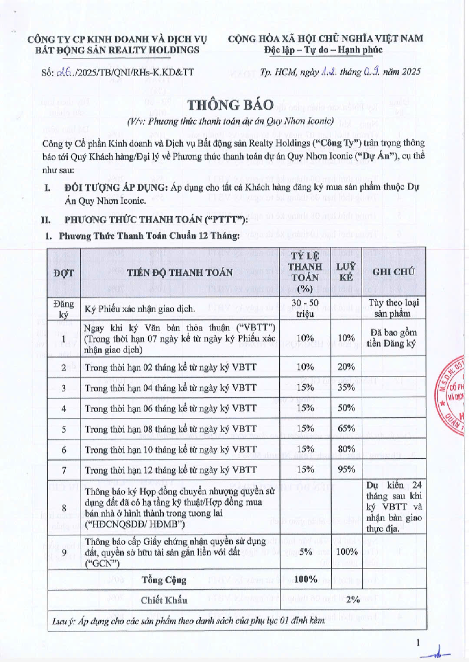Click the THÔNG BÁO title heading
click(x=231, y=105)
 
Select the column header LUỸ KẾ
click(x=346, y=272)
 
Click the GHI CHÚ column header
click(x=393, y=272)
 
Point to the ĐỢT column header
click(x=63, y=273)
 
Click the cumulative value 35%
click(x=346, y=387)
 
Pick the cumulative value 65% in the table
click(x=346, y=428)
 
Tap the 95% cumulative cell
click(x=346, y=469)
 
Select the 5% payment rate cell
click(x=306, y=552)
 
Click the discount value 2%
click(x=353, y=599)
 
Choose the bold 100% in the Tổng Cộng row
click(x=306, y=579)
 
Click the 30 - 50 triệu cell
click(x=305, y=308)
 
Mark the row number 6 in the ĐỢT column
click(x=64, y=450)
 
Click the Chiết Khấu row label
click(x=164, y=600)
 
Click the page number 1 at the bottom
click(x=418, y=642)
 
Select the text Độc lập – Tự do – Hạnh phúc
click(x=323, y=50)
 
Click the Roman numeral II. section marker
click(x=46, y=220)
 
